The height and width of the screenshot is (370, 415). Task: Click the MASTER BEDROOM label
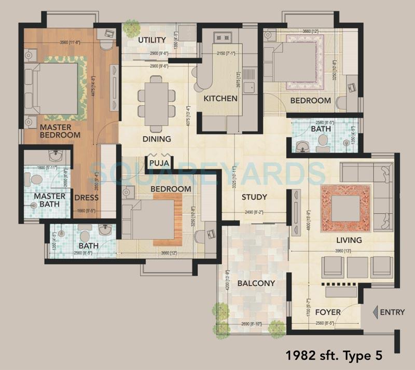tap(60, 131)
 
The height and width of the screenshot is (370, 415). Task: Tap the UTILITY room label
tap(152, 40)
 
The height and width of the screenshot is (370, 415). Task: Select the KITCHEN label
tap(220, 99)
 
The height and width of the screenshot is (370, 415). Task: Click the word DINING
tap(157, 139)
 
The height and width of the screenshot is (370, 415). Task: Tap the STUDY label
tap(254, 197)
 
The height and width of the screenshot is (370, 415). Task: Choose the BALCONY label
tap(256, 283)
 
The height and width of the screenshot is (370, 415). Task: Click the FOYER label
tap(328, 312)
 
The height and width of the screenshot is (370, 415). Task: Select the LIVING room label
tap(349, 240)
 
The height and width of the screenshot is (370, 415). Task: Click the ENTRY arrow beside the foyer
tap(375, 312)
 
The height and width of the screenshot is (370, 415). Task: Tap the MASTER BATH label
tap(50, 200)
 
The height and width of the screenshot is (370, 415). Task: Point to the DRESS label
tap(87, 197)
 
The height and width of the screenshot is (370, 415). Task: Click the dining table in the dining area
tap(156, 103)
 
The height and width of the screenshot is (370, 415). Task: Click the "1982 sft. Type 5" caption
tap(335, 355)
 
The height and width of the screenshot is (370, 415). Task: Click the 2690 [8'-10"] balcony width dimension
tap(251, 325)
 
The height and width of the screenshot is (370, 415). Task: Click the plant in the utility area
tap(132, 27)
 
